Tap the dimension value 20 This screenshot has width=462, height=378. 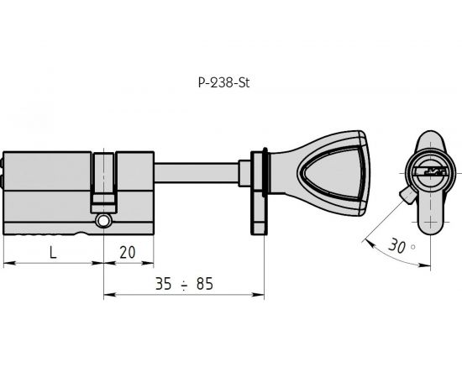point(128,252)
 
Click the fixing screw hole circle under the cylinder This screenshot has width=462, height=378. point(103,221)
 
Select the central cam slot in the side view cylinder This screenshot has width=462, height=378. point(103,181)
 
